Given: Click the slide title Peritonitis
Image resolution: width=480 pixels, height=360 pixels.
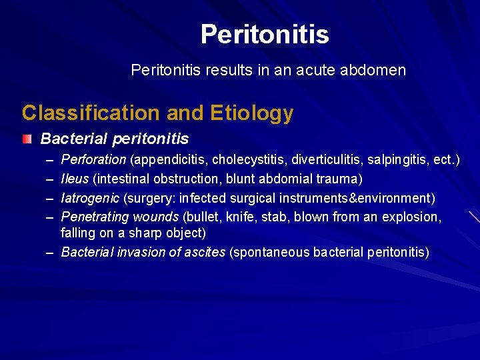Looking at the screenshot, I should coord(265,35).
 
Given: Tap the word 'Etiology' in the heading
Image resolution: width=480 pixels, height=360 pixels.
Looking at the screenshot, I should coord(252,113).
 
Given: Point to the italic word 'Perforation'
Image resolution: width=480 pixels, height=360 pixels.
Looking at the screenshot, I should coord(93,160).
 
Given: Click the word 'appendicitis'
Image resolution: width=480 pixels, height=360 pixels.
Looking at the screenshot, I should coord(169,160).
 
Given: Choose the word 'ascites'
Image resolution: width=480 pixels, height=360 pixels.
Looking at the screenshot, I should coord(203,252).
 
